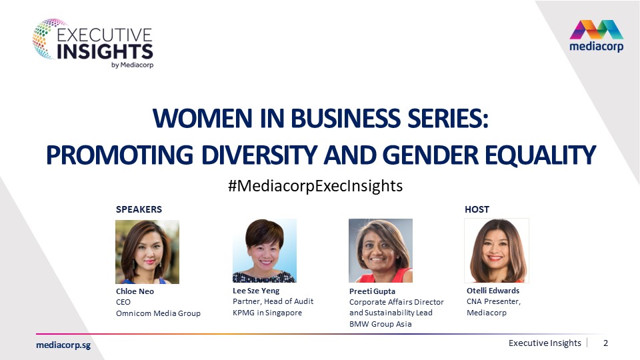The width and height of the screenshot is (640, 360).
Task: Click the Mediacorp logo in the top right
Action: [x=596, y=36]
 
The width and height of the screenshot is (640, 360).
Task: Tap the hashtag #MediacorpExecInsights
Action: [x=315, y=185]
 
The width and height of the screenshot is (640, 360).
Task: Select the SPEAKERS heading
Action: [x=139, y=209]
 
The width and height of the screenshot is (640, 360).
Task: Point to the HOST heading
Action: [x=477, y=209]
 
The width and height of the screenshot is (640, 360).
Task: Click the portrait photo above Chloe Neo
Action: [x=147, y=252]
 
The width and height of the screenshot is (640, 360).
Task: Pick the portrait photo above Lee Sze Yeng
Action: [x=264, y=251]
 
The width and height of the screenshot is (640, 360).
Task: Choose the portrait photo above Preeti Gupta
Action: [x=381, y=251]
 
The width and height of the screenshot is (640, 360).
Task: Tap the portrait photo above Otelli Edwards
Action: [x=496, y=251]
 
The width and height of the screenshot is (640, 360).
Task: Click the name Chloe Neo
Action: [x=135, y=292]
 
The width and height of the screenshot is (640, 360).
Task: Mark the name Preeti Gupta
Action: [x=372, y=292]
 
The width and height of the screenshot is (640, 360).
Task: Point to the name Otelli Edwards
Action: [x=493, y=291]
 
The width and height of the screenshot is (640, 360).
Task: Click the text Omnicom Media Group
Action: [x=158, y=313]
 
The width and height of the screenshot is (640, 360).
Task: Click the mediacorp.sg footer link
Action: [x=63, y=344]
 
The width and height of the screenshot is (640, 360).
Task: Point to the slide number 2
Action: [x=606, y=343]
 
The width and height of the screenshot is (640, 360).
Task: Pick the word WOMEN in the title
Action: [x=194, y=121]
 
